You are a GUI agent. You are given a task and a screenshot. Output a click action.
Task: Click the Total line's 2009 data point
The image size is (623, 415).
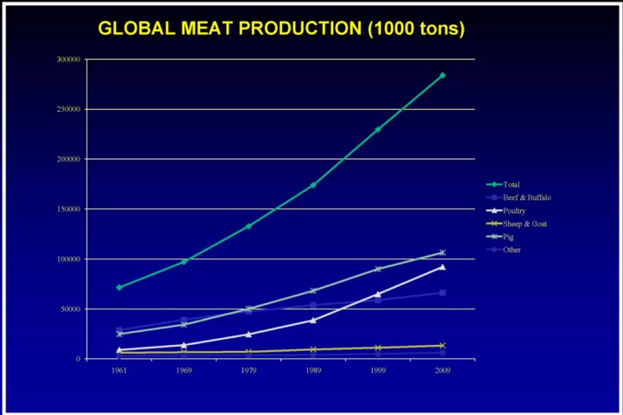coord(442,75)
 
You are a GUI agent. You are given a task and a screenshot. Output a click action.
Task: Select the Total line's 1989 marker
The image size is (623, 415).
coord(312,185)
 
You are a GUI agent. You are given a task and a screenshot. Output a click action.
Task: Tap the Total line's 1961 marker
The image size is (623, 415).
coord(119,287)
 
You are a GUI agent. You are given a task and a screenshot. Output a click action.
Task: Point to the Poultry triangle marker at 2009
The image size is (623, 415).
coord(442,267)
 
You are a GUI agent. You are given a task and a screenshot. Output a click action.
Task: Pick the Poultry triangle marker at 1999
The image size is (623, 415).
coord(377,294)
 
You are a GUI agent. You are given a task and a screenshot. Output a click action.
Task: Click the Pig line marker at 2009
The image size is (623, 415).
coord(442,252)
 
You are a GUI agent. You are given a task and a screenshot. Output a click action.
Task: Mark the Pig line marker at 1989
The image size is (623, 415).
coord(312,290)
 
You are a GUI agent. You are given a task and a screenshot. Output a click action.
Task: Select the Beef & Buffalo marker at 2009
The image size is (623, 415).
coord(442,293)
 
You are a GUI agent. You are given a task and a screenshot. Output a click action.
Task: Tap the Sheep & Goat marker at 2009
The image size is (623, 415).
coord(442,346)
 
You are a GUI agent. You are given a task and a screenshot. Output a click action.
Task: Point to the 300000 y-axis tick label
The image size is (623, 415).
coord(68,60)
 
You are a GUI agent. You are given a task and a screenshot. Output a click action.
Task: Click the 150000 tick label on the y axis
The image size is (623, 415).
coord(68,209)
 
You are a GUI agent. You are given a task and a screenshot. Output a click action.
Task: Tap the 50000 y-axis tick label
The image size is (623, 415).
coord(70,309)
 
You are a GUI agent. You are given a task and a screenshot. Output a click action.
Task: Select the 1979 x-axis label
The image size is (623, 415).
coord(248,370)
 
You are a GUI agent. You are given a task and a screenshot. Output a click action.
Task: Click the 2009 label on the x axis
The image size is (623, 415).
coord(442,370)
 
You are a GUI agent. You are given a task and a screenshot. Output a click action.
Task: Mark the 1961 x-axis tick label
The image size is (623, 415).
coord(119,370)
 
